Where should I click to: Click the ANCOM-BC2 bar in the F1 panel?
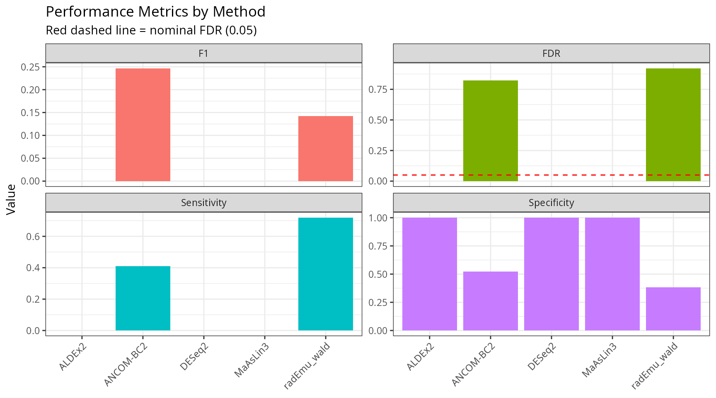pos(143,124)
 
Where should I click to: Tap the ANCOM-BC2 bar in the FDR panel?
pos(490,131)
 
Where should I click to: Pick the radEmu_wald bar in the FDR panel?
pos(673,124)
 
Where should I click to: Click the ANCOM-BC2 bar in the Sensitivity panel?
pos(143,298)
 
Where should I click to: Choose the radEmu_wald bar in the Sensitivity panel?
pos(325,274)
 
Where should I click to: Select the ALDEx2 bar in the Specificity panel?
pos(429,274)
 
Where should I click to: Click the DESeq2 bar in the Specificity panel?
pos(551,274)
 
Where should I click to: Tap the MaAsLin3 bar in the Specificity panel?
pos(612,274)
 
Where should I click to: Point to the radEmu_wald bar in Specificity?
pos(673,309)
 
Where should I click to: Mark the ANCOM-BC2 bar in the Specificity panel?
pos(490,301)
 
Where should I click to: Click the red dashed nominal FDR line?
pos(580,175)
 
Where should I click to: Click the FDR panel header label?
pos(551,53)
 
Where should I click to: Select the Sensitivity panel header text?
pos(203,203)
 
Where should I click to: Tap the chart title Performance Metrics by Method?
pos(155,12)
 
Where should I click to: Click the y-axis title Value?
pos(11,199)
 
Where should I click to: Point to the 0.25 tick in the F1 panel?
pos(31,67)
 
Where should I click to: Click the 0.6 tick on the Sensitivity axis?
pos(33,237)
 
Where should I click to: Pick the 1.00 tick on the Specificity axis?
pos(378,218)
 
